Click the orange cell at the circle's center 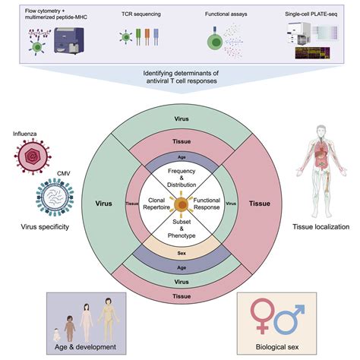point(180,204)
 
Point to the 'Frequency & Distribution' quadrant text point(180,179)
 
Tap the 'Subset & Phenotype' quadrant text point(180,229)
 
